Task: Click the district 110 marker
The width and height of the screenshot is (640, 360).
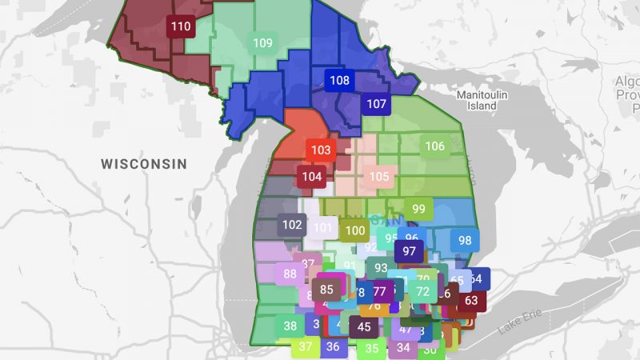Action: click(181, 27)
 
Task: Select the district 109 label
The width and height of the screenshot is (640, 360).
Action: click(262, 43)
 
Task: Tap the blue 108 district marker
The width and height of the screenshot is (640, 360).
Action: click(339, 80)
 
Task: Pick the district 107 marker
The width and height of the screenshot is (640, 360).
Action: click(376, 103)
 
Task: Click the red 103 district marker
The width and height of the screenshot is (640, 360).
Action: click(321, 150)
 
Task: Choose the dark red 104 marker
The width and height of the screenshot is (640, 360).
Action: click(312, 177)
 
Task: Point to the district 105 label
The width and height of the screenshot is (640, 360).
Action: click(379, 177)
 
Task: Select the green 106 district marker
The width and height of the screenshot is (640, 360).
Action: click(434, 146)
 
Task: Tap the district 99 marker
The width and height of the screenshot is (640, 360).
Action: click(418, 209)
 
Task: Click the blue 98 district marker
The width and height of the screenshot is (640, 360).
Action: click(465, 240)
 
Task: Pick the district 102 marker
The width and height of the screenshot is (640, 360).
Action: click(293, 225)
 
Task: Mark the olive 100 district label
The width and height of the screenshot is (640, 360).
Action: click(355, 231)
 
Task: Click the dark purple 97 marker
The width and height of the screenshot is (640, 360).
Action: click(410, 250)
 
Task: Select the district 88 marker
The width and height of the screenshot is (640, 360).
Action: click(290, 274)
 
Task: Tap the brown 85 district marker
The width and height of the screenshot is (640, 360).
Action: click(326, 289)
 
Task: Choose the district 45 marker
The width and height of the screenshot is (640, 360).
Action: click(364, 326)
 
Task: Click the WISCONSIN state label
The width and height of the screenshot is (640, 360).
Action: click(144, 164)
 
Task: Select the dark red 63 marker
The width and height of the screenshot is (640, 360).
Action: click(471, 301)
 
